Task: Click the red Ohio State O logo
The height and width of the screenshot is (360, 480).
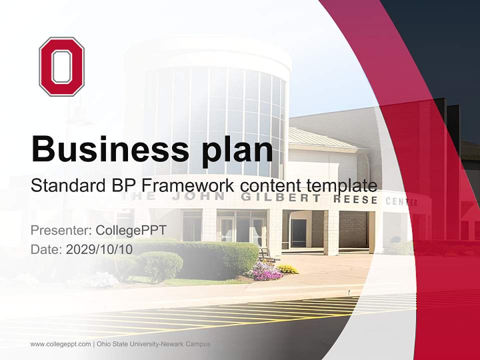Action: [x=61, y=66]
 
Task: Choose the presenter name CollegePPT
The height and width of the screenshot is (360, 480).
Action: [x=131, y=230]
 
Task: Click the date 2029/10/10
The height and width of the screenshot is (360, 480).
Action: [x=99, y=249]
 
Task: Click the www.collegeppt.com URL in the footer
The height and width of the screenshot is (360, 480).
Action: [x=60, y=344]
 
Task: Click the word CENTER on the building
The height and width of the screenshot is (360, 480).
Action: [x=401, y=202]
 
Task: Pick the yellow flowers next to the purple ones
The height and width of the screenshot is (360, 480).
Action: [x=288, y=269]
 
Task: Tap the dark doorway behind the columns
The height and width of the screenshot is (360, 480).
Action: [x=298, y=232]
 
